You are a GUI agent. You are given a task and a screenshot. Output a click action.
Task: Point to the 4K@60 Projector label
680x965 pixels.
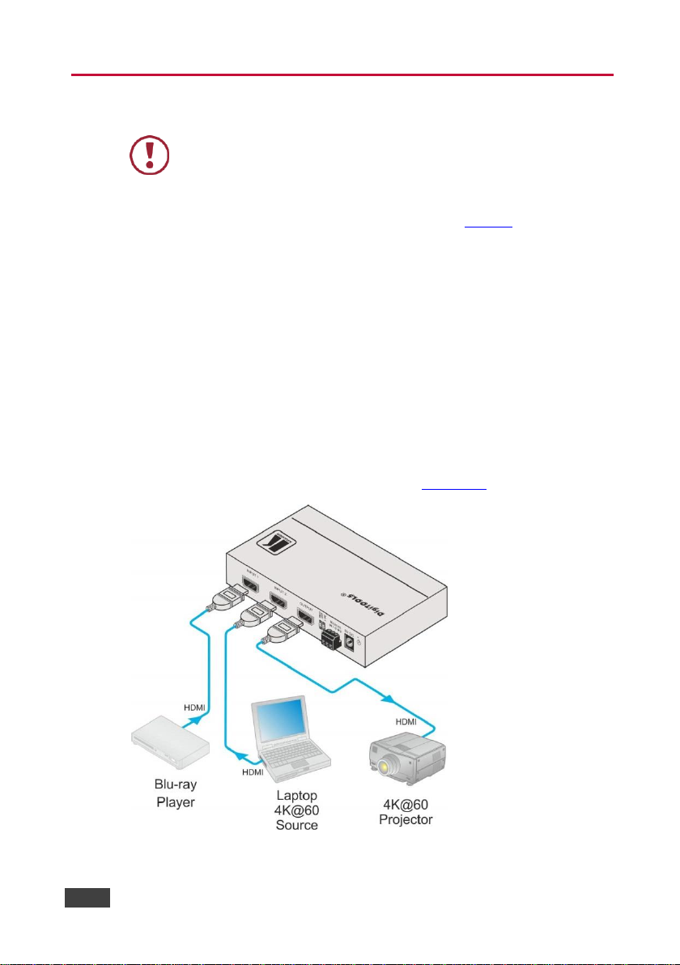coord(406,812)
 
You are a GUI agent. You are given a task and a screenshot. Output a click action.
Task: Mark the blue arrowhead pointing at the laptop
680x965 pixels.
coord(240,754)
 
